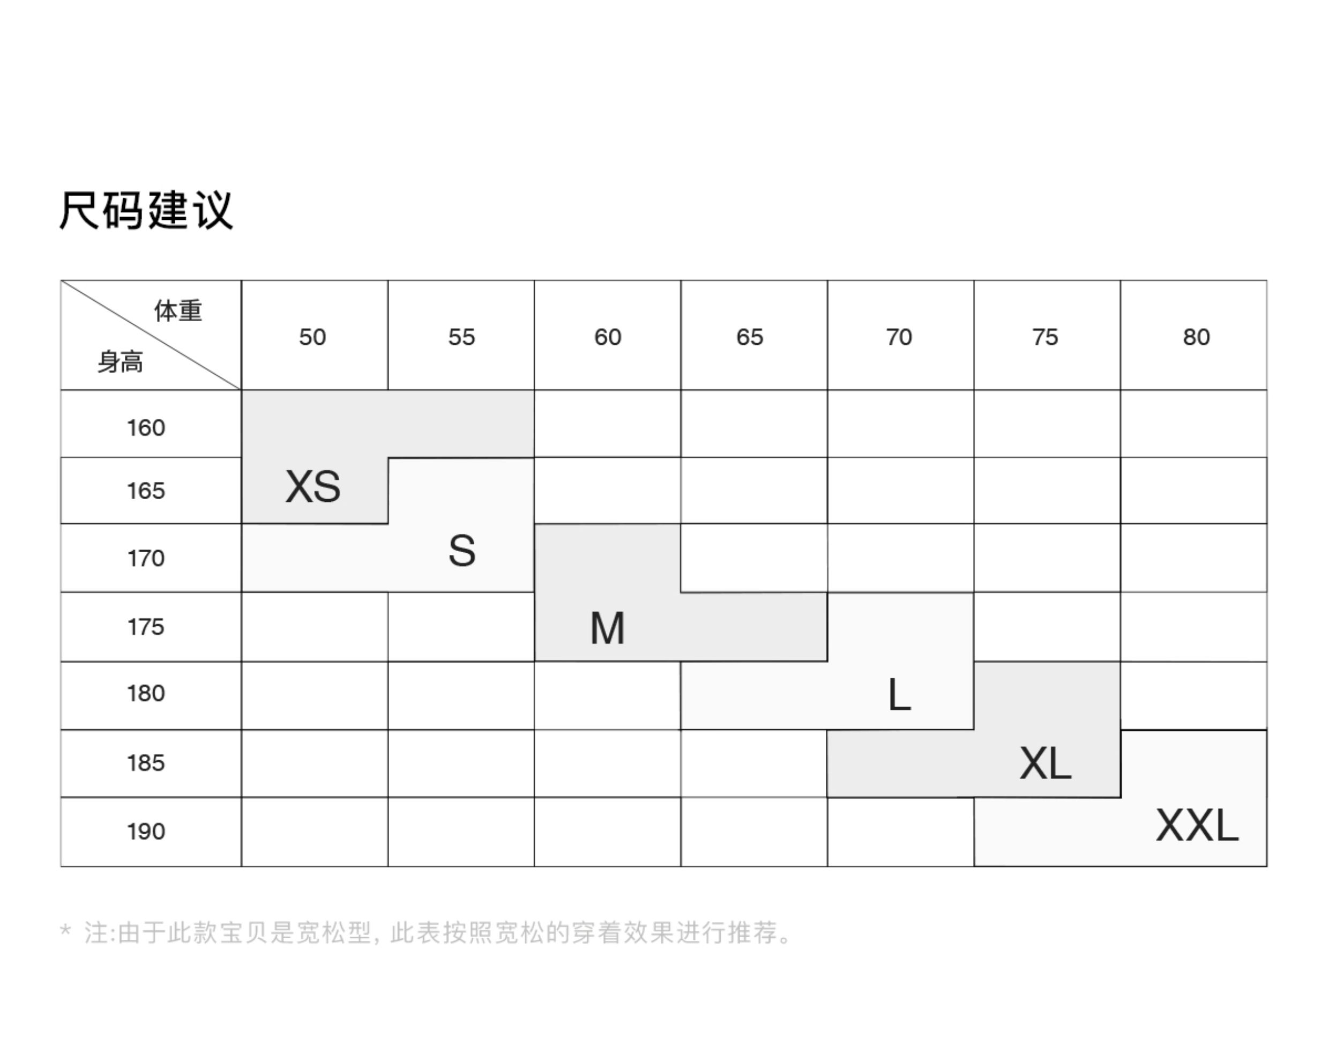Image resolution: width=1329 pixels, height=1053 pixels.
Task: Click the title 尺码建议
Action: coord(146,210)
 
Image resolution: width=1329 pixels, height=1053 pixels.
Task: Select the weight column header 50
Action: coord(312,337)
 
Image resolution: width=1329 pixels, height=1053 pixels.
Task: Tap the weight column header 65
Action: coord(749,337)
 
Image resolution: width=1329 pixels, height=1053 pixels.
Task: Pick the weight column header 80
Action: coord(1196,337)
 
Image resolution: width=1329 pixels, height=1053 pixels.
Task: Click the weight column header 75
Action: coord(1045,337)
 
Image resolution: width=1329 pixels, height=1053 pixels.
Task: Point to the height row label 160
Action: coord(146,428)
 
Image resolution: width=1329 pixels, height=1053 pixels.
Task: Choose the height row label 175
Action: coord(146,627)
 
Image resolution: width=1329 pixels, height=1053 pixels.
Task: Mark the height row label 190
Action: coord(146,832)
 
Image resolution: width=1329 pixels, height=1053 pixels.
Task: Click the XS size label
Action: coord(312,487)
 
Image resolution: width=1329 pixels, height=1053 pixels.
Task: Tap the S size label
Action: coord(461,551)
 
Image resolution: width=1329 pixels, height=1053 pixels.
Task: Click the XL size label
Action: coord(1045,764)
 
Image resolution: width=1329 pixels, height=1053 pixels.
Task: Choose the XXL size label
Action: coord(1197,826)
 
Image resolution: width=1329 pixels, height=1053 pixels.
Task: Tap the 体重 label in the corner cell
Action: coord(178,311)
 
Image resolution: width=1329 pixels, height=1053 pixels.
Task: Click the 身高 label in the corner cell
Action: coord(120,362)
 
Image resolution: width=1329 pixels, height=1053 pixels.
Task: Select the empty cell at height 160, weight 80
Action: coord(1193,424)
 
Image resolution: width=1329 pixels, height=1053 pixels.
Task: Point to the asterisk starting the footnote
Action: coord(65,930)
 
